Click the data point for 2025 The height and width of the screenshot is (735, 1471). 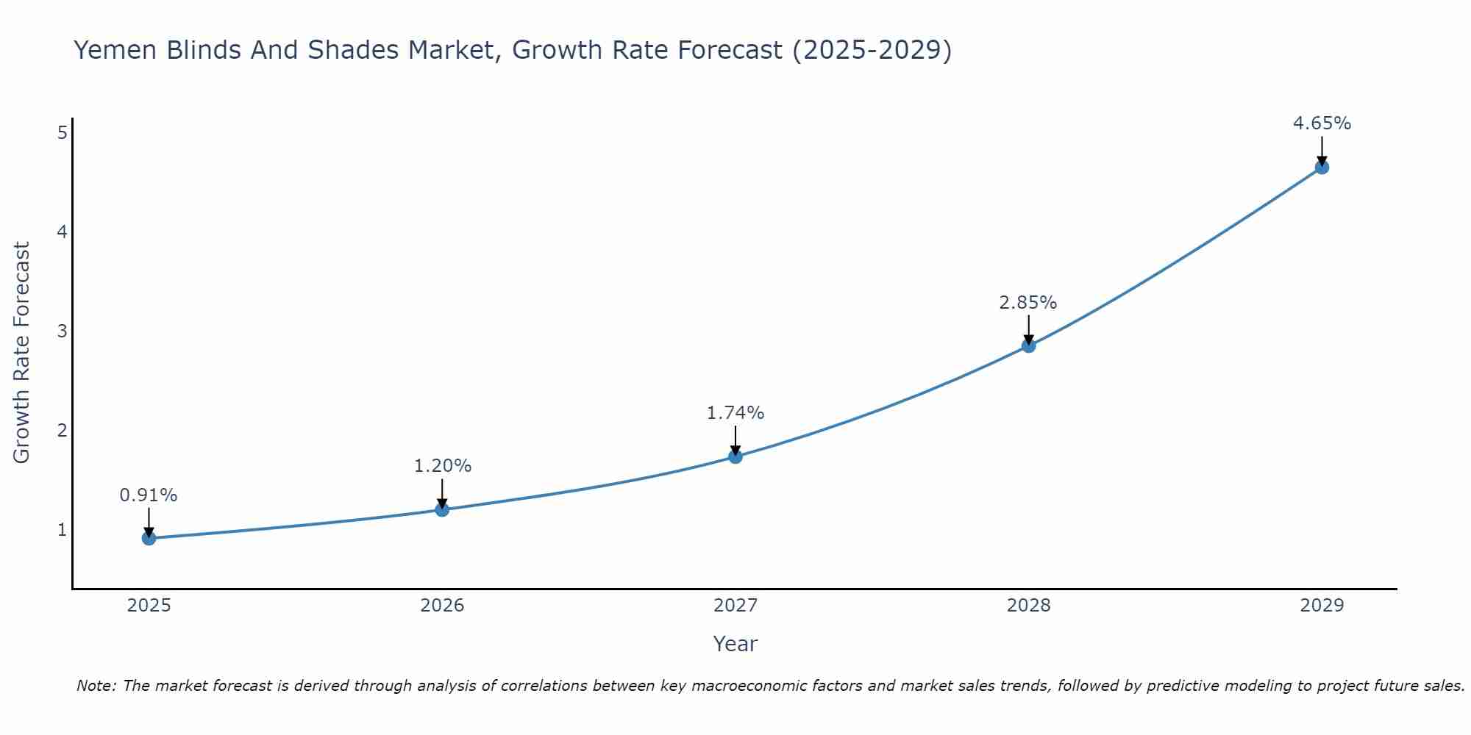pyautogui.click(x=149, y=538)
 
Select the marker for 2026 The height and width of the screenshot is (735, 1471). pyautogui.click(x=442, y=509)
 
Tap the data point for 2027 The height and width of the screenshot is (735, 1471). pyautogui.click(x=735, y=456)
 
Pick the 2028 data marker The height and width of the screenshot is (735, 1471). pyautogui.click(x=1028, y=345)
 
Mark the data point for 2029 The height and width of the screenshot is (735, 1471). pyautogui.click(x=1322, y=168)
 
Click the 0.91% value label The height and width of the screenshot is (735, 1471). pyautogui.click(x=149, y=495)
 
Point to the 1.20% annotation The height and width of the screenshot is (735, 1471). pyautogui.click(x=442, y=466)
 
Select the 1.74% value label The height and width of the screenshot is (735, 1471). pyautogui.click(x=735, y=413)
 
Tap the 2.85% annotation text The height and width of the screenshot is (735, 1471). pyautogui.click(x=1028, y=302)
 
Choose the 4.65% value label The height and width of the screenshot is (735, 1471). pyautogui.click(x=1322, y=123)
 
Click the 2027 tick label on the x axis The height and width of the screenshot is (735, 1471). pyautogui.click(x=735, y=606)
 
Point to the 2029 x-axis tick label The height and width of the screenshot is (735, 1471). pyautogui.click(x=1322, y=606)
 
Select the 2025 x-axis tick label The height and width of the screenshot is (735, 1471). pyautogui.click(x=149, y=606)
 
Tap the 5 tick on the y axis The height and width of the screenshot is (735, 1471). pyautogui.click(x=63, y=132)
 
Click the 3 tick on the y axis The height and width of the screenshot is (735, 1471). pyautogui.click(x=63, y=331)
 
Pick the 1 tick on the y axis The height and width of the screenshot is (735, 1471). pyautogui.click(x=63, y=529)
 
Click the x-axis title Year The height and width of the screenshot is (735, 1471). pyautogui.click(x=735, y=644)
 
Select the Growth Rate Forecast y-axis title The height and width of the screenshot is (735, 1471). pyautogui.click(x=21, y=353)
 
